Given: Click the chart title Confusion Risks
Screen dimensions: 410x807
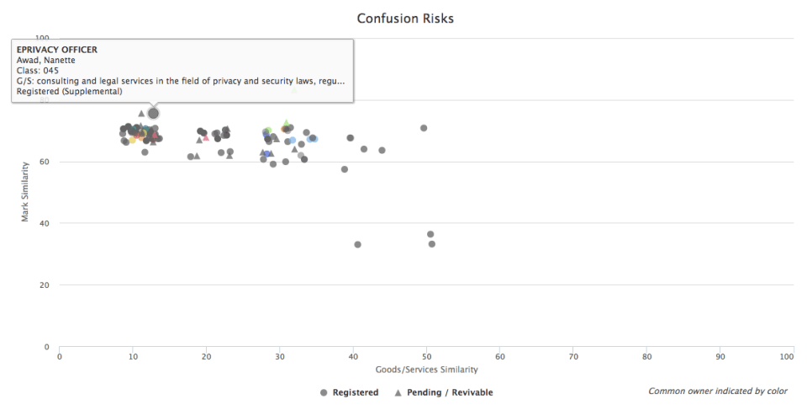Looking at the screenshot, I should coord(405,18).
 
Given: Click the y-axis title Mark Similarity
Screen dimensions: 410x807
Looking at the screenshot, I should coord(26,192).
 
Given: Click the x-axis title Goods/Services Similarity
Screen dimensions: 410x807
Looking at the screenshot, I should coord(426,369).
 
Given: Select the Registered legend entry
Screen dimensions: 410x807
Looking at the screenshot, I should coord(350,392).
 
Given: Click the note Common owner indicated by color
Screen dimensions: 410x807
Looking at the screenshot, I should coord(718,391).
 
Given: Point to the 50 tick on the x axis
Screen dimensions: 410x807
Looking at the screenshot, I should coord(426,356).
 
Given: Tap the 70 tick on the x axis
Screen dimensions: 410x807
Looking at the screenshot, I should coord(573,356).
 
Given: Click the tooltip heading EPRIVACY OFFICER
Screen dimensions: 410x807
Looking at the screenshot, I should coord(57,50).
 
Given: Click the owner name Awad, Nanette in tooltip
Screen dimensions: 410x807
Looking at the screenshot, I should coord(46,61).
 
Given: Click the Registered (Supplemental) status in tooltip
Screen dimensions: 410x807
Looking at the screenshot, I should coord(70,92).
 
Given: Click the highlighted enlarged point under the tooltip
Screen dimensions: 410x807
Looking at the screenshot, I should coord(153,113).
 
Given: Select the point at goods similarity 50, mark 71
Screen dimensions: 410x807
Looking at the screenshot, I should coord(424,128).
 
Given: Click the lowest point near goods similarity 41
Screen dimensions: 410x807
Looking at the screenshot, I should coord(357,244).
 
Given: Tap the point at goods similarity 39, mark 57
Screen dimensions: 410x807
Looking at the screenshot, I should coord(345,169).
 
